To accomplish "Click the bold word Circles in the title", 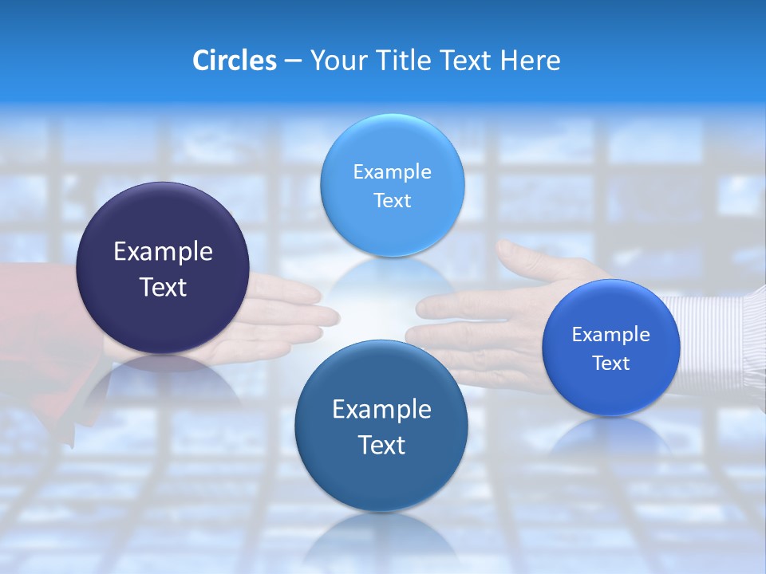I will [234, 61].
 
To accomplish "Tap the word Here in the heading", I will [530, 61].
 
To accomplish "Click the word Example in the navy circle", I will [163, 252].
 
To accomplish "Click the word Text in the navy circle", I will [163, 287].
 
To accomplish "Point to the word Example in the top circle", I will [392, 171].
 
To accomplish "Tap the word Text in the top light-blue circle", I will [392, 200].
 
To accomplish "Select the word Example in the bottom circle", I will [381, 410].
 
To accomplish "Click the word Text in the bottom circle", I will [381, 445].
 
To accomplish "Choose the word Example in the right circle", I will [611, 334].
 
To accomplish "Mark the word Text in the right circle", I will [611, 363].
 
